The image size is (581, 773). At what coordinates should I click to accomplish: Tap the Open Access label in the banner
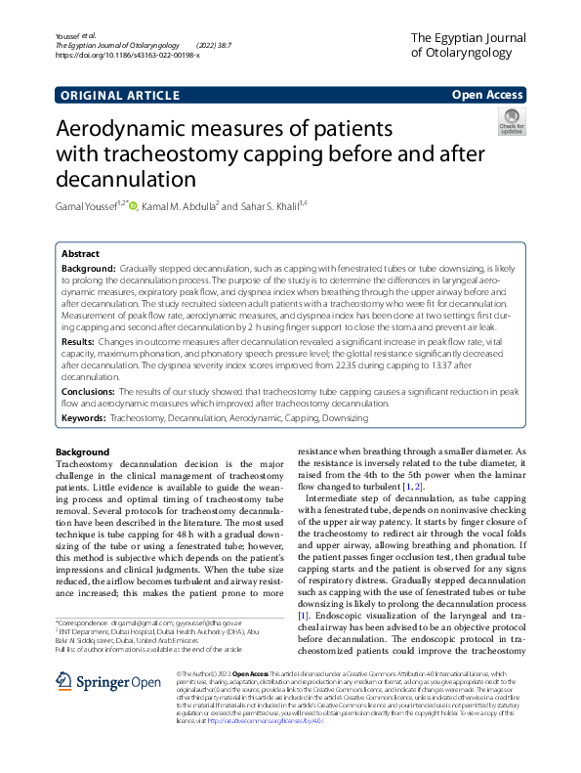(x=487, y=95)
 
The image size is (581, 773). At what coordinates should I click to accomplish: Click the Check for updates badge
(x=512, y=124)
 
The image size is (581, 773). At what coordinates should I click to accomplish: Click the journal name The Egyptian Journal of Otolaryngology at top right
(x=467, y=45)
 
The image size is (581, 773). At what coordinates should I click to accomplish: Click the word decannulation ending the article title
(x=126, y=179)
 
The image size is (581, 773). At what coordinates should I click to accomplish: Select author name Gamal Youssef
(x=88, y=206)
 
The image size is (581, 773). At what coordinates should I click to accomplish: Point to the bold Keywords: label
(x=84, y=418)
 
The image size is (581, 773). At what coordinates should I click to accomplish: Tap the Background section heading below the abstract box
(x=82, y=452)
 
